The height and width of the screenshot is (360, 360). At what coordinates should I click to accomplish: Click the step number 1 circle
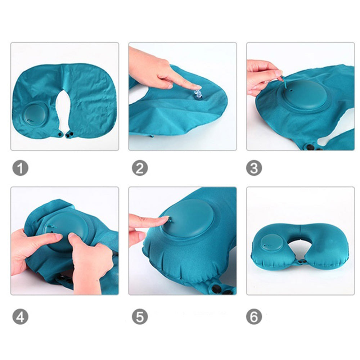click(x=21, y=168)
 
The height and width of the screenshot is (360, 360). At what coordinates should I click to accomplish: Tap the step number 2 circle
click(x=139, y=168)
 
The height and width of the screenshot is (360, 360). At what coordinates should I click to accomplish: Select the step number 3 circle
click(x=254, y=168)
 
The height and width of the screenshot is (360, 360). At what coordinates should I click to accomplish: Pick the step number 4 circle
click(x=21, y=317)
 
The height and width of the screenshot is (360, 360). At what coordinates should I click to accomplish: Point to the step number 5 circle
click(x=139, y=317)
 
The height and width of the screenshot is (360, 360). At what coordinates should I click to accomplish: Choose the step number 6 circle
click(x=254, y=317)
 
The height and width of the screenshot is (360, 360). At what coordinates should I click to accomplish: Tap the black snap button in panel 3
click(x=310, y=147)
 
